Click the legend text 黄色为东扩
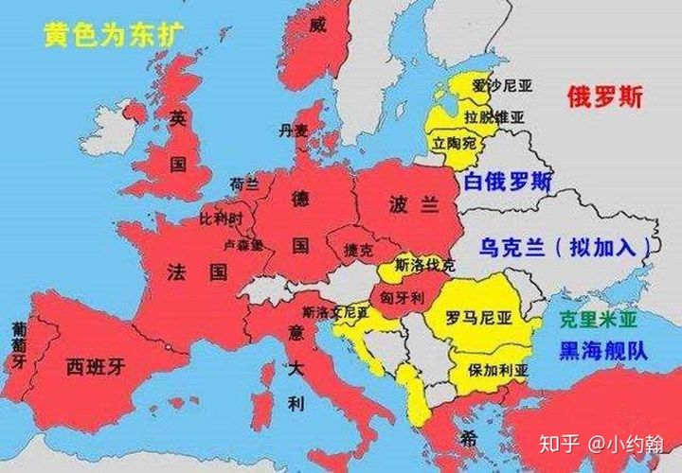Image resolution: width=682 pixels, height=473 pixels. pyautogui.click(x=113, y=35)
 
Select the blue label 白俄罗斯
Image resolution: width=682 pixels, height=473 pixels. pyautogui.click(x=509, y=183)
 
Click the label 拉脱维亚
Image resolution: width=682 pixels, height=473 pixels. pyautogui.click(x=494, y=117)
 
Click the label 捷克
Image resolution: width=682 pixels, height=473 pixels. pyautogui.click(x=360, y=252)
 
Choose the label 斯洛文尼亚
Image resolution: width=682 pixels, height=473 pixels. pyautogui.click(x=335, y=311)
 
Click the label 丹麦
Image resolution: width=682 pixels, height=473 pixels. pyautogui.click(x=294, y=131)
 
